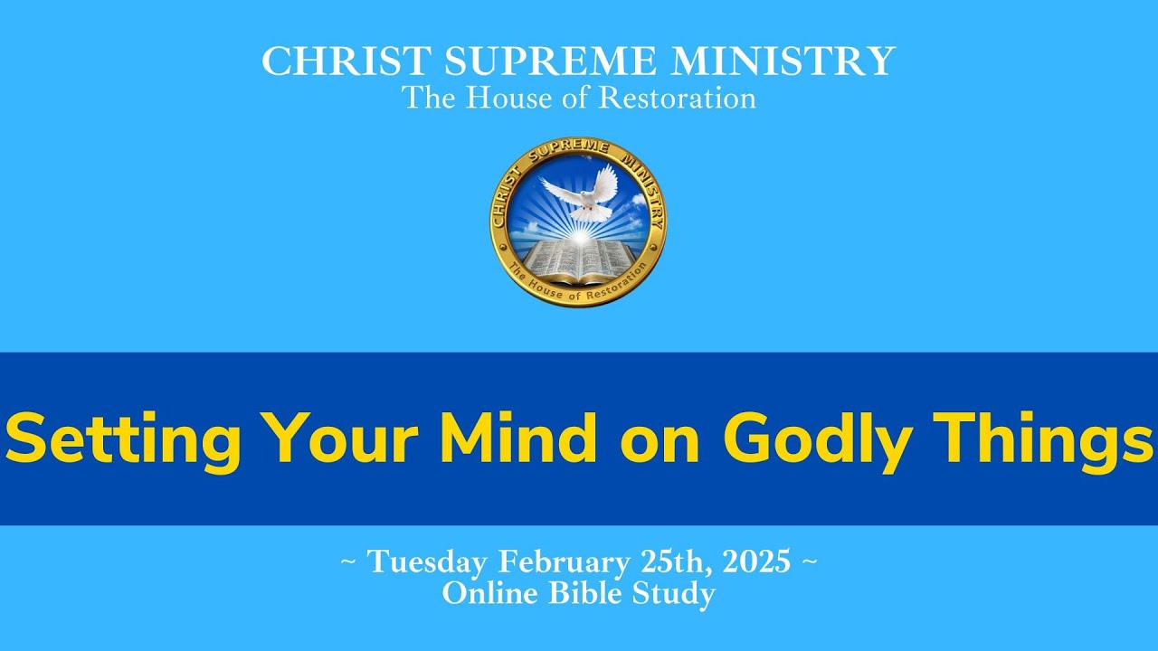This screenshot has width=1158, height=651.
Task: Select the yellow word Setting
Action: coord(123,439)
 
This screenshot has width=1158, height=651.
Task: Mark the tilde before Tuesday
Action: coord(347,562)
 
